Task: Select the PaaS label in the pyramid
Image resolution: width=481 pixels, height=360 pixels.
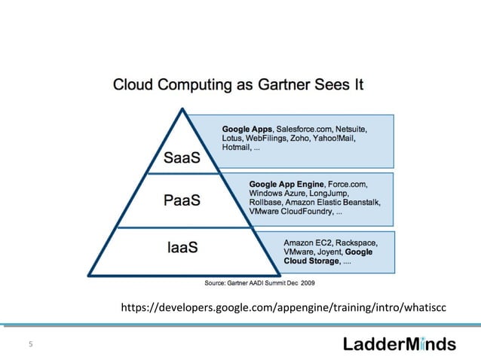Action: click(183, 201)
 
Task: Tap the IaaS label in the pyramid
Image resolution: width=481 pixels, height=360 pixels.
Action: click(182, 246)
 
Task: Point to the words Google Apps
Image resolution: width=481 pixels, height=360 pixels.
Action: click(247, 129)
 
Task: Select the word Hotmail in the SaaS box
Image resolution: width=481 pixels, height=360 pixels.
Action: click(237, 148)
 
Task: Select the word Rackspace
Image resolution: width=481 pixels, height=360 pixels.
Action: click(357, 243)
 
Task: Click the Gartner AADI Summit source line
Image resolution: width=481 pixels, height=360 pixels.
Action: click(255, 283)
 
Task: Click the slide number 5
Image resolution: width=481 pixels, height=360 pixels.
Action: click(31, 345)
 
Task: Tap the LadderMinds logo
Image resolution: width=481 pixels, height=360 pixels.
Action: click(400, 344)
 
